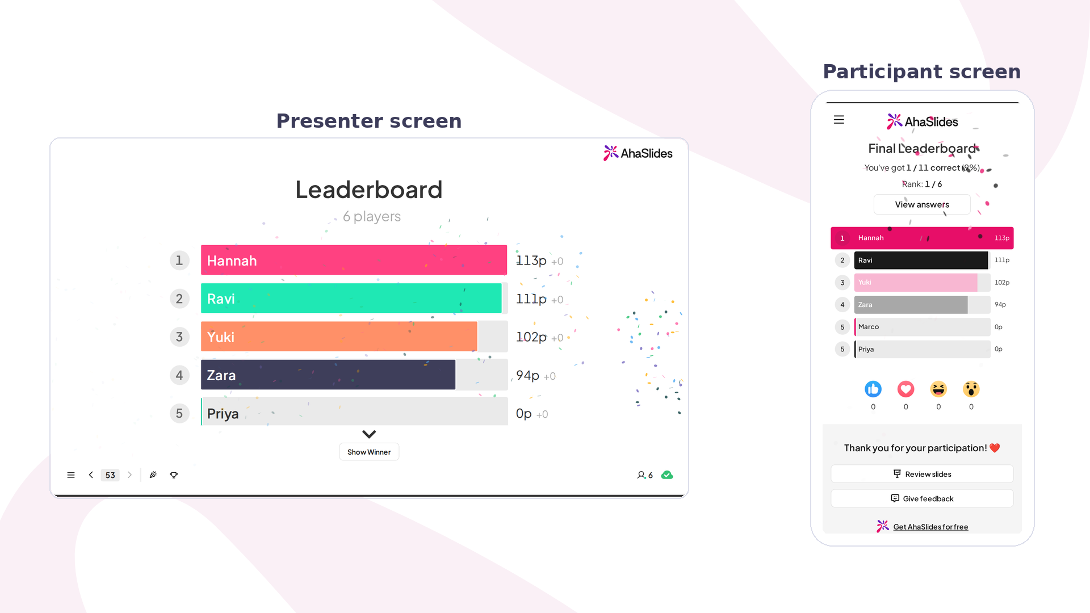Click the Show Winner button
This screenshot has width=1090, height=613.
click(x=369, y=452)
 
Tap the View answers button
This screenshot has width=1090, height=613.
click(x=922, y=204)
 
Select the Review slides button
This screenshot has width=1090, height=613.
click(x=922, y=474)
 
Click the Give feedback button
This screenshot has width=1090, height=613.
click(x=922, y=498)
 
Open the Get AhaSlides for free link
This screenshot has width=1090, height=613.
click(x=930, y=527)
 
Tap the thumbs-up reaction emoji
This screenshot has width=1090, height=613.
click(x=873, y=389)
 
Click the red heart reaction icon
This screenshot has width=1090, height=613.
click(x=905, y=389)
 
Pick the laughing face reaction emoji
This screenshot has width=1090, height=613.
click(x=938, y=389)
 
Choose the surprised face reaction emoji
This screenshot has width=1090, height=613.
click(x=971, y=389)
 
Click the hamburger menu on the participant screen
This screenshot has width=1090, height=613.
click(x=839, y=120)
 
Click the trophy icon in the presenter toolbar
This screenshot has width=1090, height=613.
click(x=174, y=475)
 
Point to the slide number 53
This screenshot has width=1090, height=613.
click(x=110, y=475)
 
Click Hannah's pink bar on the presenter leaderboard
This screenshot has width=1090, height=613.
click(x=354, y=260)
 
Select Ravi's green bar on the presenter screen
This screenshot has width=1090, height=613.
click(x=351, y=298)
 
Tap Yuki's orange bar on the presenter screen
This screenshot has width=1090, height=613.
click(x=339, y=337)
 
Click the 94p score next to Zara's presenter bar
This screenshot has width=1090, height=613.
click(x=527, y=375)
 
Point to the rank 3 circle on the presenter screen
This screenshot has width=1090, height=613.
click(x=179, y=337)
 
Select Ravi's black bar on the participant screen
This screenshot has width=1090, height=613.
click(x=921, y=260)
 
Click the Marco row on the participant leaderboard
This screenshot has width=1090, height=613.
click(x=922, y=327)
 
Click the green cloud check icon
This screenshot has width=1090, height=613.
click(x=667, y=475)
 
